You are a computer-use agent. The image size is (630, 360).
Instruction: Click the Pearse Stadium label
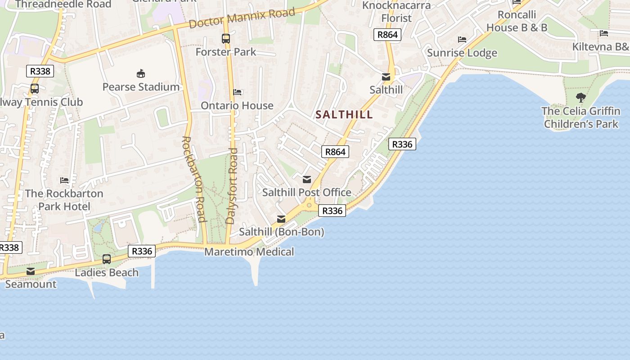point(141,87)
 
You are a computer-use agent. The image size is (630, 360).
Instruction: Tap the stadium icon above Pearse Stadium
point(141,73)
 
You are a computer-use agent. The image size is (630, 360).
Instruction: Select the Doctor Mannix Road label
point(242,18)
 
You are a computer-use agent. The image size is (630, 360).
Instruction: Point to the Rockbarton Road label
point(194,179)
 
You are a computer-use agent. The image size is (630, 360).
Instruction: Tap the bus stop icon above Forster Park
point(226,39)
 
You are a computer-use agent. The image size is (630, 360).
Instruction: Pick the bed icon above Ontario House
point(237,92)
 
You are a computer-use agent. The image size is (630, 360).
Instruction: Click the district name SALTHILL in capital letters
point(344,115)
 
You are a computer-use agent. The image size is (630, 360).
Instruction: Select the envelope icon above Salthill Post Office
point(307,180)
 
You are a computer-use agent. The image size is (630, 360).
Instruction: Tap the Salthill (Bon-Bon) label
point(281,232)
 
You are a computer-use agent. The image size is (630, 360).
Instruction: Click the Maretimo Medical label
point(249,252)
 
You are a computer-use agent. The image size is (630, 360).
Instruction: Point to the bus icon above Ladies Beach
point(107,259)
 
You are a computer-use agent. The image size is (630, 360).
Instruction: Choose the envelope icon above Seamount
point(31,271)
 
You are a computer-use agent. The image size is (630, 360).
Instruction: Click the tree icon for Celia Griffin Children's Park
point(581,97)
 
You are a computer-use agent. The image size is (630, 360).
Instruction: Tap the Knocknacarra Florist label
point(396,12)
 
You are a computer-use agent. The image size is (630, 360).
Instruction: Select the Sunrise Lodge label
point(462,53)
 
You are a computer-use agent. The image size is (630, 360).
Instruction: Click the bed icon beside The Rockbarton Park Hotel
point(64,180)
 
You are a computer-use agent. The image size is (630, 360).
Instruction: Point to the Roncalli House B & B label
point(517,21)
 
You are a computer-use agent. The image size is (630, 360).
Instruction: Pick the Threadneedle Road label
point(63,4)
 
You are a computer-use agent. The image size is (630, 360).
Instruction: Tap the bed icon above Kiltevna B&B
point(604,33)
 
